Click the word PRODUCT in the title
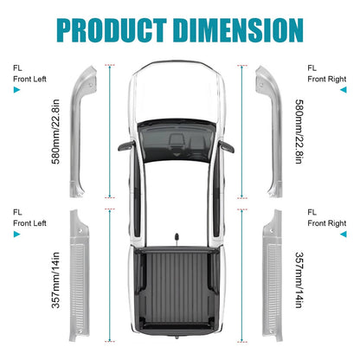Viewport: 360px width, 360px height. (112, 30)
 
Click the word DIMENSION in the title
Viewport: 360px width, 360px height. (239, 30)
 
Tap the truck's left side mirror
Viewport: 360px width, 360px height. (126, 145)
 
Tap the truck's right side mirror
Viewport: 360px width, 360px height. (226, 146)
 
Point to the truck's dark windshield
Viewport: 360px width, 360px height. (177, 141)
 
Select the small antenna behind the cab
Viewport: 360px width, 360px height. (176, 239)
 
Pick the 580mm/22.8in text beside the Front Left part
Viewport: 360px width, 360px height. (55, 132)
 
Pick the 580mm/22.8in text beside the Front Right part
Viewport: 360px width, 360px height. (299, 132)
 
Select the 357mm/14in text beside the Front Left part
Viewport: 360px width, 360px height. (55, 280)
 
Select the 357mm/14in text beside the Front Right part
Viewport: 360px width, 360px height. (299, 280)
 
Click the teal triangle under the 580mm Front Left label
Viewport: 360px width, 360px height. (16, 90)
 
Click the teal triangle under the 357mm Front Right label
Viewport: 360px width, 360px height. (344, 235)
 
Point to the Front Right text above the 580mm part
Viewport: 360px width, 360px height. (327, 79)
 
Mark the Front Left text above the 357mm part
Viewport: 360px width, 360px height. (29, 223)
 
